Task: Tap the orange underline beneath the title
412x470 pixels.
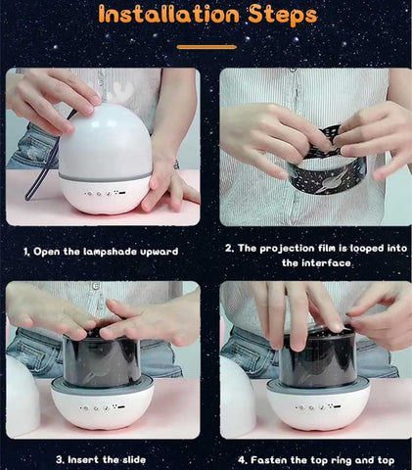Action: (x=206, y=46)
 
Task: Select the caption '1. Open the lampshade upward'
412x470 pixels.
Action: (x=102, y=251)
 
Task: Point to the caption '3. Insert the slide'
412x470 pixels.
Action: (x=102, y=458)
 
